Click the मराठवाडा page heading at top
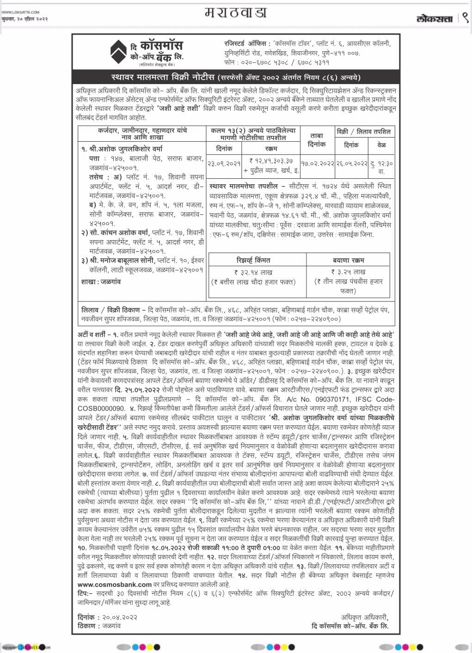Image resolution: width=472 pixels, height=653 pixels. [x=236, y=13]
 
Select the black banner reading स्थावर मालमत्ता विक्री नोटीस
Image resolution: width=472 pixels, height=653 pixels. [x=236, y=77]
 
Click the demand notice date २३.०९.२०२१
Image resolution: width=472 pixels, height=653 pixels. [x=224, y=163]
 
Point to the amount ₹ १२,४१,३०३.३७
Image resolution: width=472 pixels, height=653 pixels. [x=271, y=160]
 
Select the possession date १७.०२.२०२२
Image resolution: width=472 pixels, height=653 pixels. [x=317, y=163]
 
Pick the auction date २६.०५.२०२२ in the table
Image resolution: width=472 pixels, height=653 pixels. [x=351, y=163]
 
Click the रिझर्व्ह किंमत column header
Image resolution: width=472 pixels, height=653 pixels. [x=253, y=260]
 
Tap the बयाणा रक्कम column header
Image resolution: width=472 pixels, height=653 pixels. [x=348, y=260]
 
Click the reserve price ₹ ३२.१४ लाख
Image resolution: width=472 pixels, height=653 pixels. [x=253, y=272]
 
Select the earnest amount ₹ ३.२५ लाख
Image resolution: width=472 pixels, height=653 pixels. [x=348, y=272]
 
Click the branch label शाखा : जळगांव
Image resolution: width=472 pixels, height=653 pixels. [x=100, y=281]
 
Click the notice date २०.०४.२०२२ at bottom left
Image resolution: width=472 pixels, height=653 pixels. [x=120, y=617]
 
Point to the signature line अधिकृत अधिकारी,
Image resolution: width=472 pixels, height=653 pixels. [x=365, y=617]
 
